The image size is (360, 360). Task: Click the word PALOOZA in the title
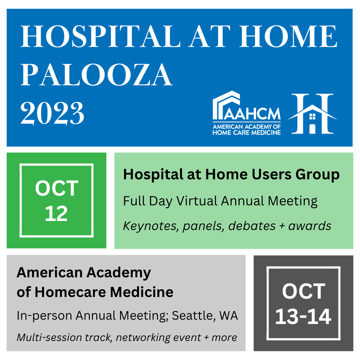tap(96, 75)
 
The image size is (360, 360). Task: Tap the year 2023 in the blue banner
tap(52, 113)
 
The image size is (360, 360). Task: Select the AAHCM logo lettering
tap(252, 113)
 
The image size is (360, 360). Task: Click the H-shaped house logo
tap(312, 113)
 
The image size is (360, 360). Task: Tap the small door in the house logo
tap(312, 129)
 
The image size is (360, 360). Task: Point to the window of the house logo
tap(312, 117)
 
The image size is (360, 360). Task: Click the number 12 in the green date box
tap(56, 214)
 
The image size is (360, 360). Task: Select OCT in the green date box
tap(57, 188)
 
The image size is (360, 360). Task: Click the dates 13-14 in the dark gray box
tap(303, 317)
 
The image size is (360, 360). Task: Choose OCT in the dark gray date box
tap(304, 291)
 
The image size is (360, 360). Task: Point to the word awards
tap(310, 226)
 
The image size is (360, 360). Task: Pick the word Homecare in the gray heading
tap(70, 292)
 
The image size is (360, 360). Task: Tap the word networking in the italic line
tap(143, 338)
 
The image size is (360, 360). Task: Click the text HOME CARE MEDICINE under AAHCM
tap(247, 132)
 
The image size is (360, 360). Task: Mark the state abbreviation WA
tap(228, 315)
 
